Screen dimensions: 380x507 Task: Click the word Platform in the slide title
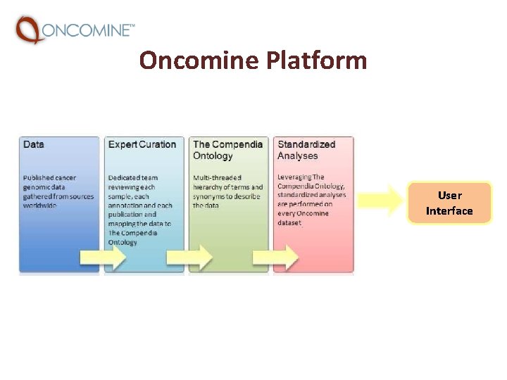tap(317, 61)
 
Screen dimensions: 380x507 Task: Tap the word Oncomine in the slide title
tap(199, 61)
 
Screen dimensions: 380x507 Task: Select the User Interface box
tap(449, 203)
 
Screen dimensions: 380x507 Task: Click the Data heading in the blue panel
tap(33, 144)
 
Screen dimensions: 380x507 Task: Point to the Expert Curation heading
tap(142, 144)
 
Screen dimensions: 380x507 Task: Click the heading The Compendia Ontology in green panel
tap(227, 150)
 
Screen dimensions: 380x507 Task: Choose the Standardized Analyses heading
tap(306, 150)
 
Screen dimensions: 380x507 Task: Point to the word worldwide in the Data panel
tap(39, 205)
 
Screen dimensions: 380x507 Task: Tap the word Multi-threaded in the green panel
tap(217, 178)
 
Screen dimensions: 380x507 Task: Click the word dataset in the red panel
tap(289, 223)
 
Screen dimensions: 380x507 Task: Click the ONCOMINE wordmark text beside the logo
tap(88, 30)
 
